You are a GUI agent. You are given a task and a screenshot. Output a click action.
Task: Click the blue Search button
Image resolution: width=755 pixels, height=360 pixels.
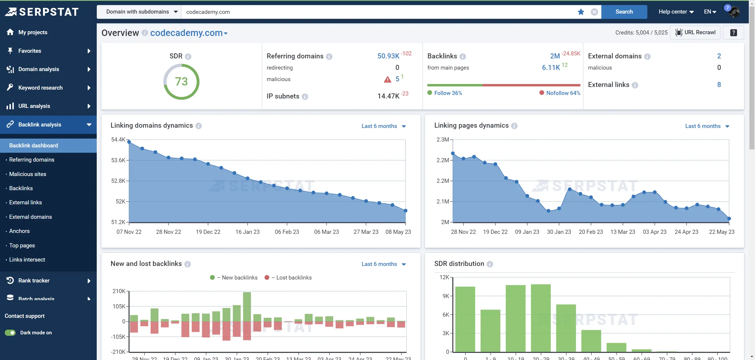pos(624,12)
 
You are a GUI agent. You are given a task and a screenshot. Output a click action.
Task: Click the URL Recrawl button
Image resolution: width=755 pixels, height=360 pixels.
pos(695,32)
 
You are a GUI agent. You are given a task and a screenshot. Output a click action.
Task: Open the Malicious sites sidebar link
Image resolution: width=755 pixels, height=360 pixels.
pos(27,174)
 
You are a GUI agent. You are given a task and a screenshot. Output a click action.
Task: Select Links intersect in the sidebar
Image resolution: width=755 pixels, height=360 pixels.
pos(27,259)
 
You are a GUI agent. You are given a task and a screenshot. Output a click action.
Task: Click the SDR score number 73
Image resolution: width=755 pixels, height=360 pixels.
pos(181,82)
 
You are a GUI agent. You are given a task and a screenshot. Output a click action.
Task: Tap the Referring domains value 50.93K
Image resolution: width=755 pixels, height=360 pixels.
pos(388,56)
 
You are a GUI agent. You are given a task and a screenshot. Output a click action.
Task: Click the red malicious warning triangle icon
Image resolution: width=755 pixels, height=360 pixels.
pos(387,79)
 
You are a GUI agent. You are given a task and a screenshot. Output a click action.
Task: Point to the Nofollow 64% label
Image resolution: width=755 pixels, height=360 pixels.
pos(563,93)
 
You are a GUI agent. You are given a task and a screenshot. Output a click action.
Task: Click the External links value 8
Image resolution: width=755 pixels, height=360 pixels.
pos(719,85)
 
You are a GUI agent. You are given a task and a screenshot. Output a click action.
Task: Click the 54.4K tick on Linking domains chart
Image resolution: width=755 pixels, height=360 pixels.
pos(118,139)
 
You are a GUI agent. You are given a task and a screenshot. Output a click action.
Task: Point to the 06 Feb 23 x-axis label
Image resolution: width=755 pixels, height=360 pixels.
pos(287,232)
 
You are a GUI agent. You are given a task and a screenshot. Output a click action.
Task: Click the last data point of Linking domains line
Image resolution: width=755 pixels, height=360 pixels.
pos(405,211)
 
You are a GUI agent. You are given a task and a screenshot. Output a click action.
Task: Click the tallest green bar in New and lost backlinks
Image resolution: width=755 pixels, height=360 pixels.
pos(247,307)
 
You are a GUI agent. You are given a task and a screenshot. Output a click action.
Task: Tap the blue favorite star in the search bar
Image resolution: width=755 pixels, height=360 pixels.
pos(581,12)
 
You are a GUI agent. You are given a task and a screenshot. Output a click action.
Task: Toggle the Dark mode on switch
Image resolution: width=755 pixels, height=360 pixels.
pos(10,333)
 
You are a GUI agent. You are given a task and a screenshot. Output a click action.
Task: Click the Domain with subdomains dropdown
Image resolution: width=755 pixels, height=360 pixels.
pos(142,12)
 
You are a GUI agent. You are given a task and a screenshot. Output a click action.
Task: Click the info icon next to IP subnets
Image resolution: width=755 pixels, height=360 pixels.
pos(305,96)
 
